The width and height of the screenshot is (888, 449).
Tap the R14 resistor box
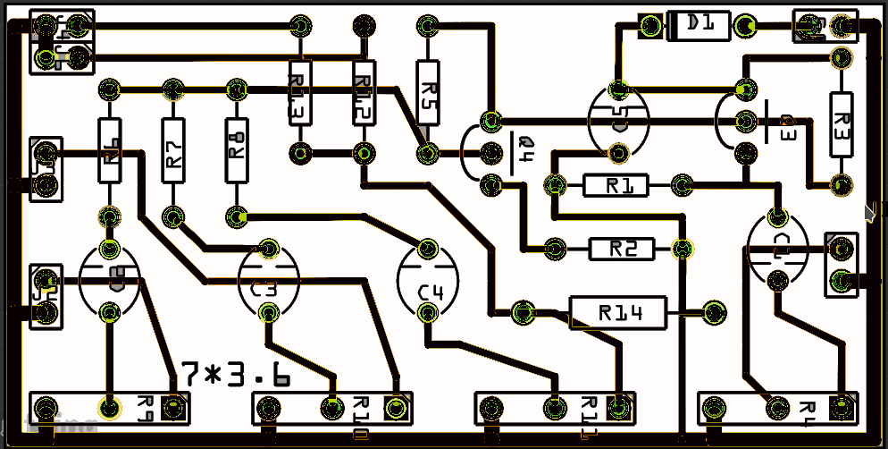click(618, 312)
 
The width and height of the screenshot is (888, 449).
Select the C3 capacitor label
click(264, 290)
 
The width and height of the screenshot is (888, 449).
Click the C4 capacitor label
click(431, 292)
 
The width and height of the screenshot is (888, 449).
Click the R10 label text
click(362, 417)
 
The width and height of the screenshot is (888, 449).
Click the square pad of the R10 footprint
click(394, 409)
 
